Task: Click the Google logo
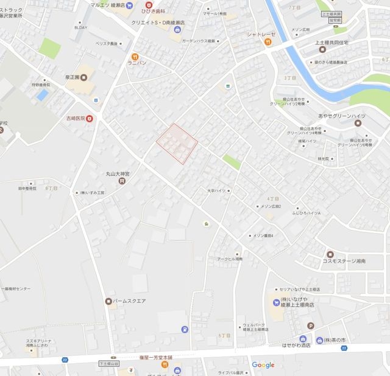(x=263, y=365)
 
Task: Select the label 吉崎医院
(x=77, y=118)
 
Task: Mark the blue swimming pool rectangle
(x=42, y=95)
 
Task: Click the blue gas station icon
(x=184, y=329)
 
